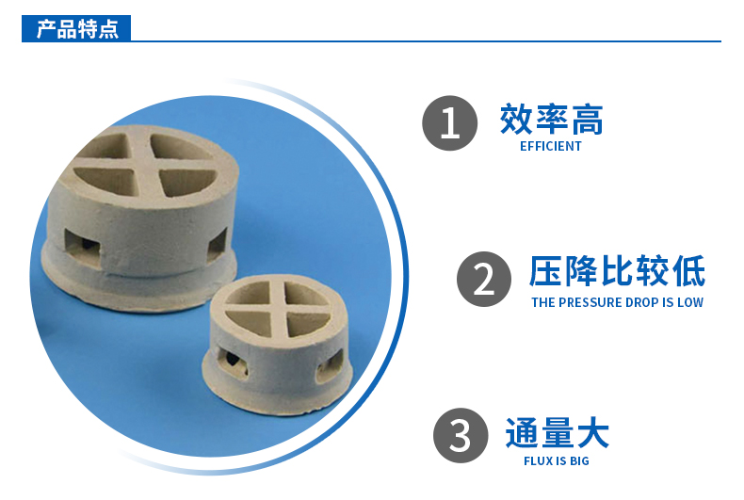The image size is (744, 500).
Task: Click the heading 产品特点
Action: coord(77,29)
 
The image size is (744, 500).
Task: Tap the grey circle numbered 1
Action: coord(449,123)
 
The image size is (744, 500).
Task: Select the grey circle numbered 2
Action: coord(484,279)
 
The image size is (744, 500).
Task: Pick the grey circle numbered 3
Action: coord(461,435)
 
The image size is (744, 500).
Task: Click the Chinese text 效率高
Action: coord(551,120)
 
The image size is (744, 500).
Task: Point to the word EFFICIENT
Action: coord(550,146)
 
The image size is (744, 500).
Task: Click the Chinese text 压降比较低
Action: coord(617,271)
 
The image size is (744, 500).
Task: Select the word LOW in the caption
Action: coord(690,302)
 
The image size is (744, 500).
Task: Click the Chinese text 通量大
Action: coord(557,432)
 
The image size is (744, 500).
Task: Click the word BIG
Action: coord(579,460)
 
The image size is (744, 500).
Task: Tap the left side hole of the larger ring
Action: coord(83,246)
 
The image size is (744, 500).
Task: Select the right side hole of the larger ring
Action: coord(218,243)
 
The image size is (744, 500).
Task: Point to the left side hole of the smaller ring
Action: coord(232,363)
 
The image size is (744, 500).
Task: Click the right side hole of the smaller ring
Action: coord(329,364)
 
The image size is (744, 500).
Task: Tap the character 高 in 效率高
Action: coord(588,120)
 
